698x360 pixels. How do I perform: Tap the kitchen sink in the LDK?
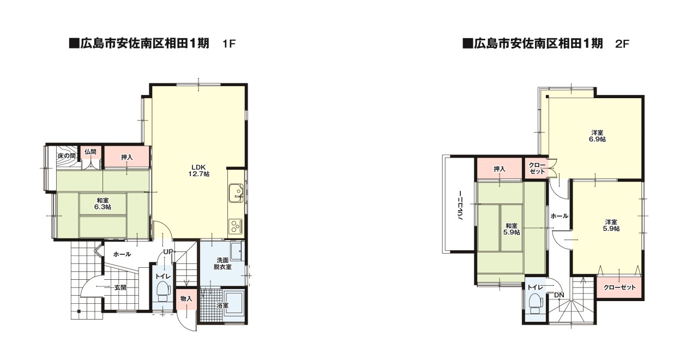[236, 192]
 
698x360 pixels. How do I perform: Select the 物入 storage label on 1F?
[186, 298]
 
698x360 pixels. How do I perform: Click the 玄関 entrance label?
[121, 287]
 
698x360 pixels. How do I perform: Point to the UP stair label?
[169, 251]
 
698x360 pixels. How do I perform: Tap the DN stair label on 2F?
[559, 296]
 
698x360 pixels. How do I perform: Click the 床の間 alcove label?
[66, 156]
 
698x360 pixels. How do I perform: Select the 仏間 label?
[91, 152]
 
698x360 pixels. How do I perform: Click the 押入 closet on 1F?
[127, 157]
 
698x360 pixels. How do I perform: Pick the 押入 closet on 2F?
[499, 169]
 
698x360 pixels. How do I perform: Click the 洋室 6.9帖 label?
[597, 136]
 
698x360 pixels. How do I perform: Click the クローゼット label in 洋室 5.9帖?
[620, 287]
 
